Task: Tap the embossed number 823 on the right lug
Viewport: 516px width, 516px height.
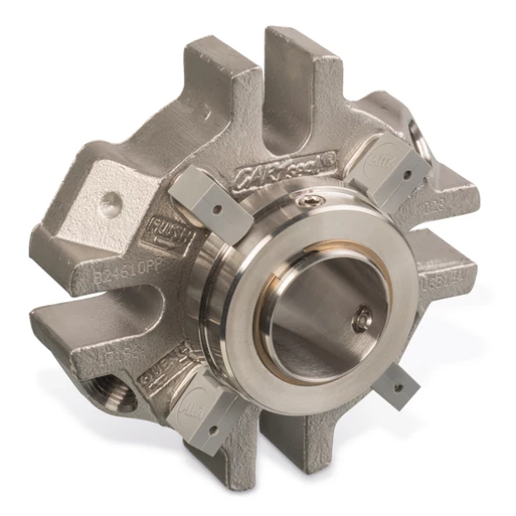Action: coord(430,211)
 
